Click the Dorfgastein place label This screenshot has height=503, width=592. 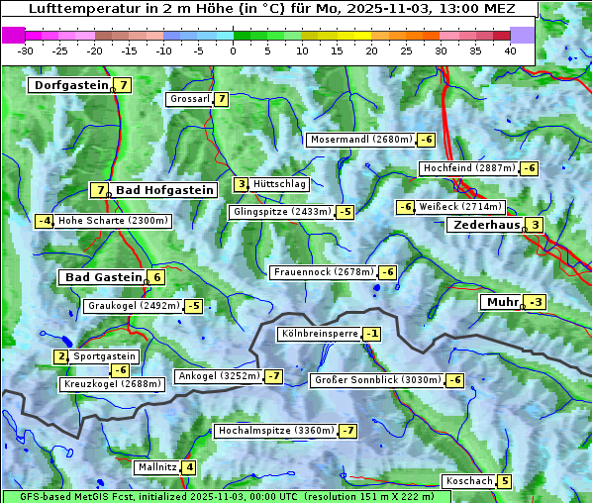(69, 85)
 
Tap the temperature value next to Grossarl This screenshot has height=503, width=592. (222, 99)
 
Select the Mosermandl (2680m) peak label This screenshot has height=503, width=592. (360, 140)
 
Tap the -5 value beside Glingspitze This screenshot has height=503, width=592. (345, 212)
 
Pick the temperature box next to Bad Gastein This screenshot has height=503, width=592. (156, 277)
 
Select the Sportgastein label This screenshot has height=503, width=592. (105, 356)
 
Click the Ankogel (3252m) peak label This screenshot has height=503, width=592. (218, 376)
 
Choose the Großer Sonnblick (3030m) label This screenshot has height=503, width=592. (376, 380)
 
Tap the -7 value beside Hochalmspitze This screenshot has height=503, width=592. (348, 431)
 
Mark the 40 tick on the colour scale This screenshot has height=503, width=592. (510, 50)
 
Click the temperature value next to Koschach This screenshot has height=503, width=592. (505, 481)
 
